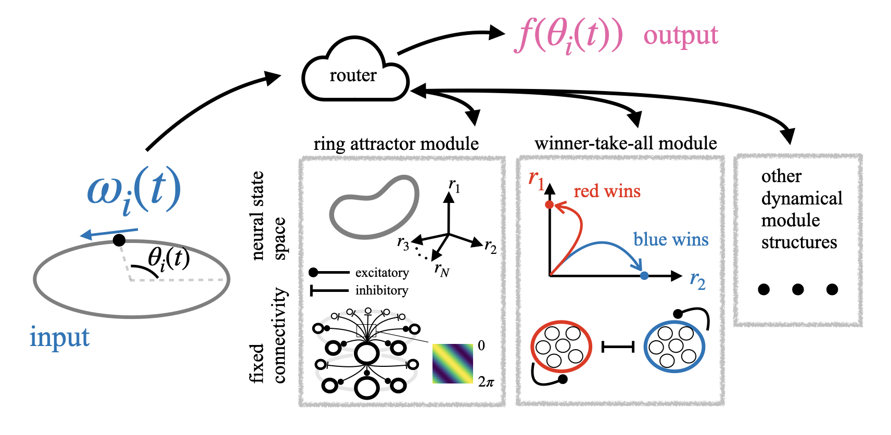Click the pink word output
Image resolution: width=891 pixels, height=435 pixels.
680,35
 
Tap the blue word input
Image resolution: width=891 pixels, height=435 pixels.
59,337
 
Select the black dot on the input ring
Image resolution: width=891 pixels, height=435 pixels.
119,240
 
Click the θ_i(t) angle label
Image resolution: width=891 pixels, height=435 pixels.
169,258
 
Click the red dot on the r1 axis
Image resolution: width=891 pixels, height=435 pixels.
550,204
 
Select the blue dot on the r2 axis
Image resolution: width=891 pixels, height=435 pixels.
644,275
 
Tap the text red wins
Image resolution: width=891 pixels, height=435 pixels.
607,191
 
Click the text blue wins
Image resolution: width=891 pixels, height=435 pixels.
670,239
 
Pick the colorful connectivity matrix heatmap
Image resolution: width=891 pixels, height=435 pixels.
452,363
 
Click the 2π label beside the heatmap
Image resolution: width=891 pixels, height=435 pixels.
486,382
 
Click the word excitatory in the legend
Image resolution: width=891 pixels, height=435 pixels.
381,273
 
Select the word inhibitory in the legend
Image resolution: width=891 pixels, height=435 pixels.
381,290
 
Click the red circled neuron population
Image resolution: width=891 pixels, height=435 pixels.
561,347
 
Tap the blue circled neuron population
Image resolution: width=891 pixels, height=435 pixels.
674,346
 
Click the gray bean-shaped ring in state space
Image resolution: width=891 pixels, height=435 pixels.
374,208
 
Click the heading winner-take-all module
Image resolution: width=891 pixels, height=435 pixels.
625,143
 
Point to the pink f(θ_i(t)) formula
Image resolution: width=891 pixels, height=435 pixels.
569,36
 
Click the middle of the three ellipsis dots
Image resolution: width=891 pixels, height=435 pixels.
798,289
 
